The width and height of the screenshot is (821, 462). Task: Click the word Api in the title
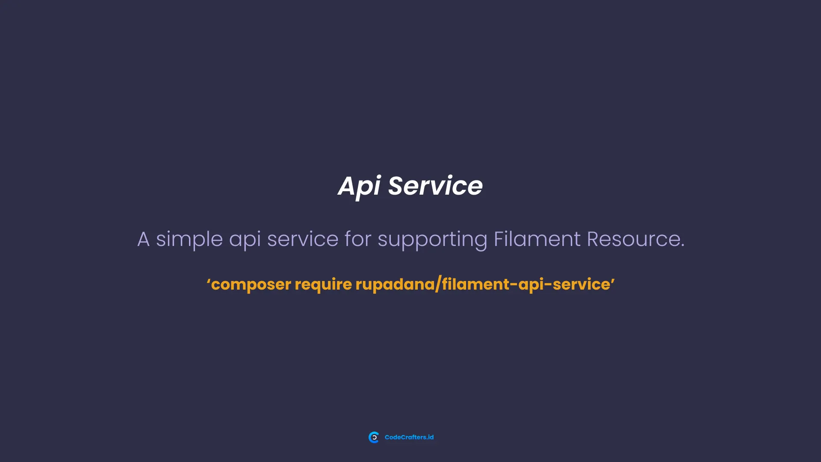359,187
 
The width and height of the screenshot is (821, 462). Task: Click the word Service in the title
435,186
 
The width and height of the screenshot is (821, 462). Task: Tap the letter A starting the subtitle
143,239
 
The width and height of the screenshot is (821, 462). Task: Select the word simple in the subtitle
189,239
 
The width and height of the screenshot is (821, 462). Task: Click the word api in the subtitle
245,240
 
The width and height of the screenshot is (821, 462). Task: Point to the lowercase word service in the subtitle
302,239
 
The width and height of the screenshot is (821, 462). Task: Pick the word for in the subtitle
357,239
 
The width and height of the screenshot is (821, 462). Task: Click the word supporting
432,240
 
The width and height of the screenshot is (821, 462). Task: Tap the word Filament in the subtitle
537,239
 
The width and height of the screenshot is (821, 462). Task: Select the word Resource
633,239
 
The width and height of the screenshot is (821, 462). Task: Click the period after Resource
682,246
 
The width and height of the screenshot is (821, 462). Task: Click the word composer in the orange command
251,284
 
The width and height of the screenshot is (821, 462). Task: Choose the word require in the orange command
323,285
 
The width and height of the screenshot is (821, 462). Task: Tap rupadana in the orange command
395,284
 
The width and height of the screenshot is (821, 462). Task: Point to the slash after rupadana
438,284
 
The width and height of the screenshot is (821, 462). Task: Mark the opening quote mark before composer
208,281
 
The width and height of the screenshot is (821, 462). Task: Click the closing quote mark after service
613,280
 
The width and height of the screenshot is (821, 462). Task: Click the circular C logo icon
374,437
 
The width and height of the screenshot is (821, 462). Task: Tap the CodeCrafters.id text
409,437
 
